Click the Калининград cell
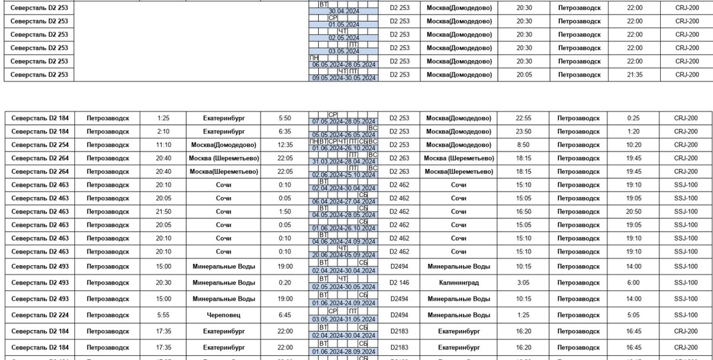point(458,283)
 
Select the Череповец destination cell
point(223,315)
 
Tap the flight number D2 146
point(399,283)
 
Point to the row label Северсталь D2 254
point(39,145)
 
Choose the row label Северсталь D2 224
point(39,315)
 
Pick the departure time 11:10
point(164,145)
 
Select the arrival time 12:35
point(285,145)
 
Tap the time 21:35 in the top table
point(634,75)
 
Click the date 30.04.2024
point(343,11)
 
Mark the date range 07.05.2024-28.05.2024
point(343,122)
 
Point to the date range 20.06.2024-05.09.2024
point(343,255)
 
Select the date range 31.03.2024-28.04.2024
point(343,162)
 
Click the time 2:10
point(164,132)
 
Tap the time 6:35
point(285,132)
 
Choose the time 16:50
point(523,212)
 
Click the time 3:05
point(523,283)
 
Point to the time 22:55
point(523,118)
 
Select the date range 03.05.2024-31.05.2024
point(343,319)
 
